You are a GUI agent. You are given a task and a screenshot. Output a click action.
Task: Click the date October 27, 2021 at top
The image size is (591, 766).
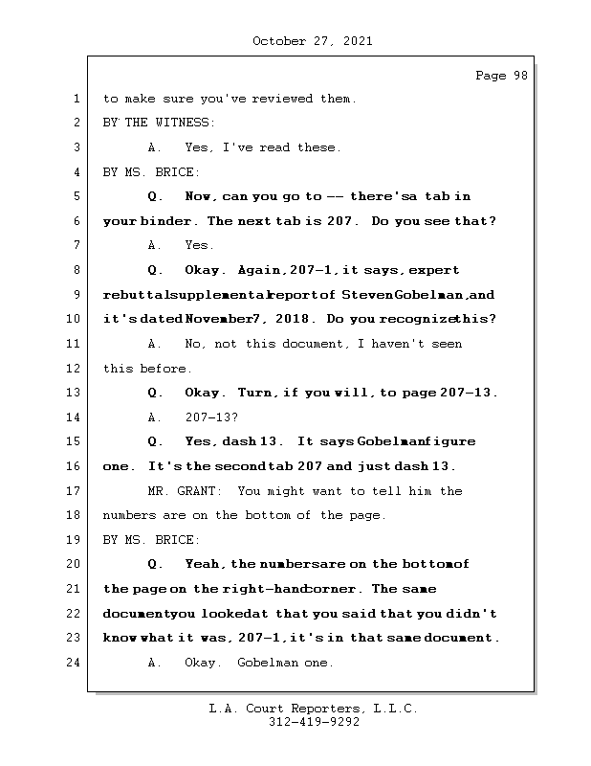pos(312,41)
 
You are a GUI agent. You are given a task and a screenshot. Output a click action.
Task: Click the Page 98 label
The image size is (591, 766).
pos(501,77)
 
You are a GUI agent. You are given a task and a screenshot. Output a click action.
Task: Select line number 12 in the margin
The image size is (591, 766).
pos(77,369)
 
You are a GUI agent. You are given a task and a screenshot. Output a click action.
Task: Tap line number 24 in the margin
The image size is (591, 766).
pos(77,663)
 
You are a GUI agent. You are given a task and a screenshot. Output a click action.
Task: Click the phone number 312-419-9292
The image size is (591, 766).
pos(314,723)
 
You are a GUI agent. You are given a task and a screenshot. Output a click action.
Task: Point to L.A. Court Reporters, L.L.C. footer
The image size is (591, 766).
pos(314,709)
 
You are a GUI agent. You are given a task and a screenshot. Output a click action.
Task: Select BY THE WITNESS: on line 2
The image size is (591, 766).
pos(159,123)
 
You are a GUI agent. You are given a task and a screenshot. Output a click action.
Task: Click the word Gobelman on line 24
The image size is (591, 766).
pos(271,663)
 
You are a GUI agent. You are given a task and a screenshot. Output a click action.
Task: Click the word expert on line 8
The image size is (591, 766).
pos(434,270)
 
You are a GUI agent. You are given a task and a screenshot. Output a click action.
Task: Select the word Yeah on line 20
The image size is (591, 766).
pos(203,565)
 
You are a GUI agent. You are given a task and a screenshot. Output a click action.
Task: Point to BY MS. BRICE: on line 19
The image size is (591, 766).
pos(151,540)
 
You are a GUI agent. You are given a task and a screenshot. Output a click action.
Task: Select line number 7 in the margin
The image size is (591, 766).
pos(77,246)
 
